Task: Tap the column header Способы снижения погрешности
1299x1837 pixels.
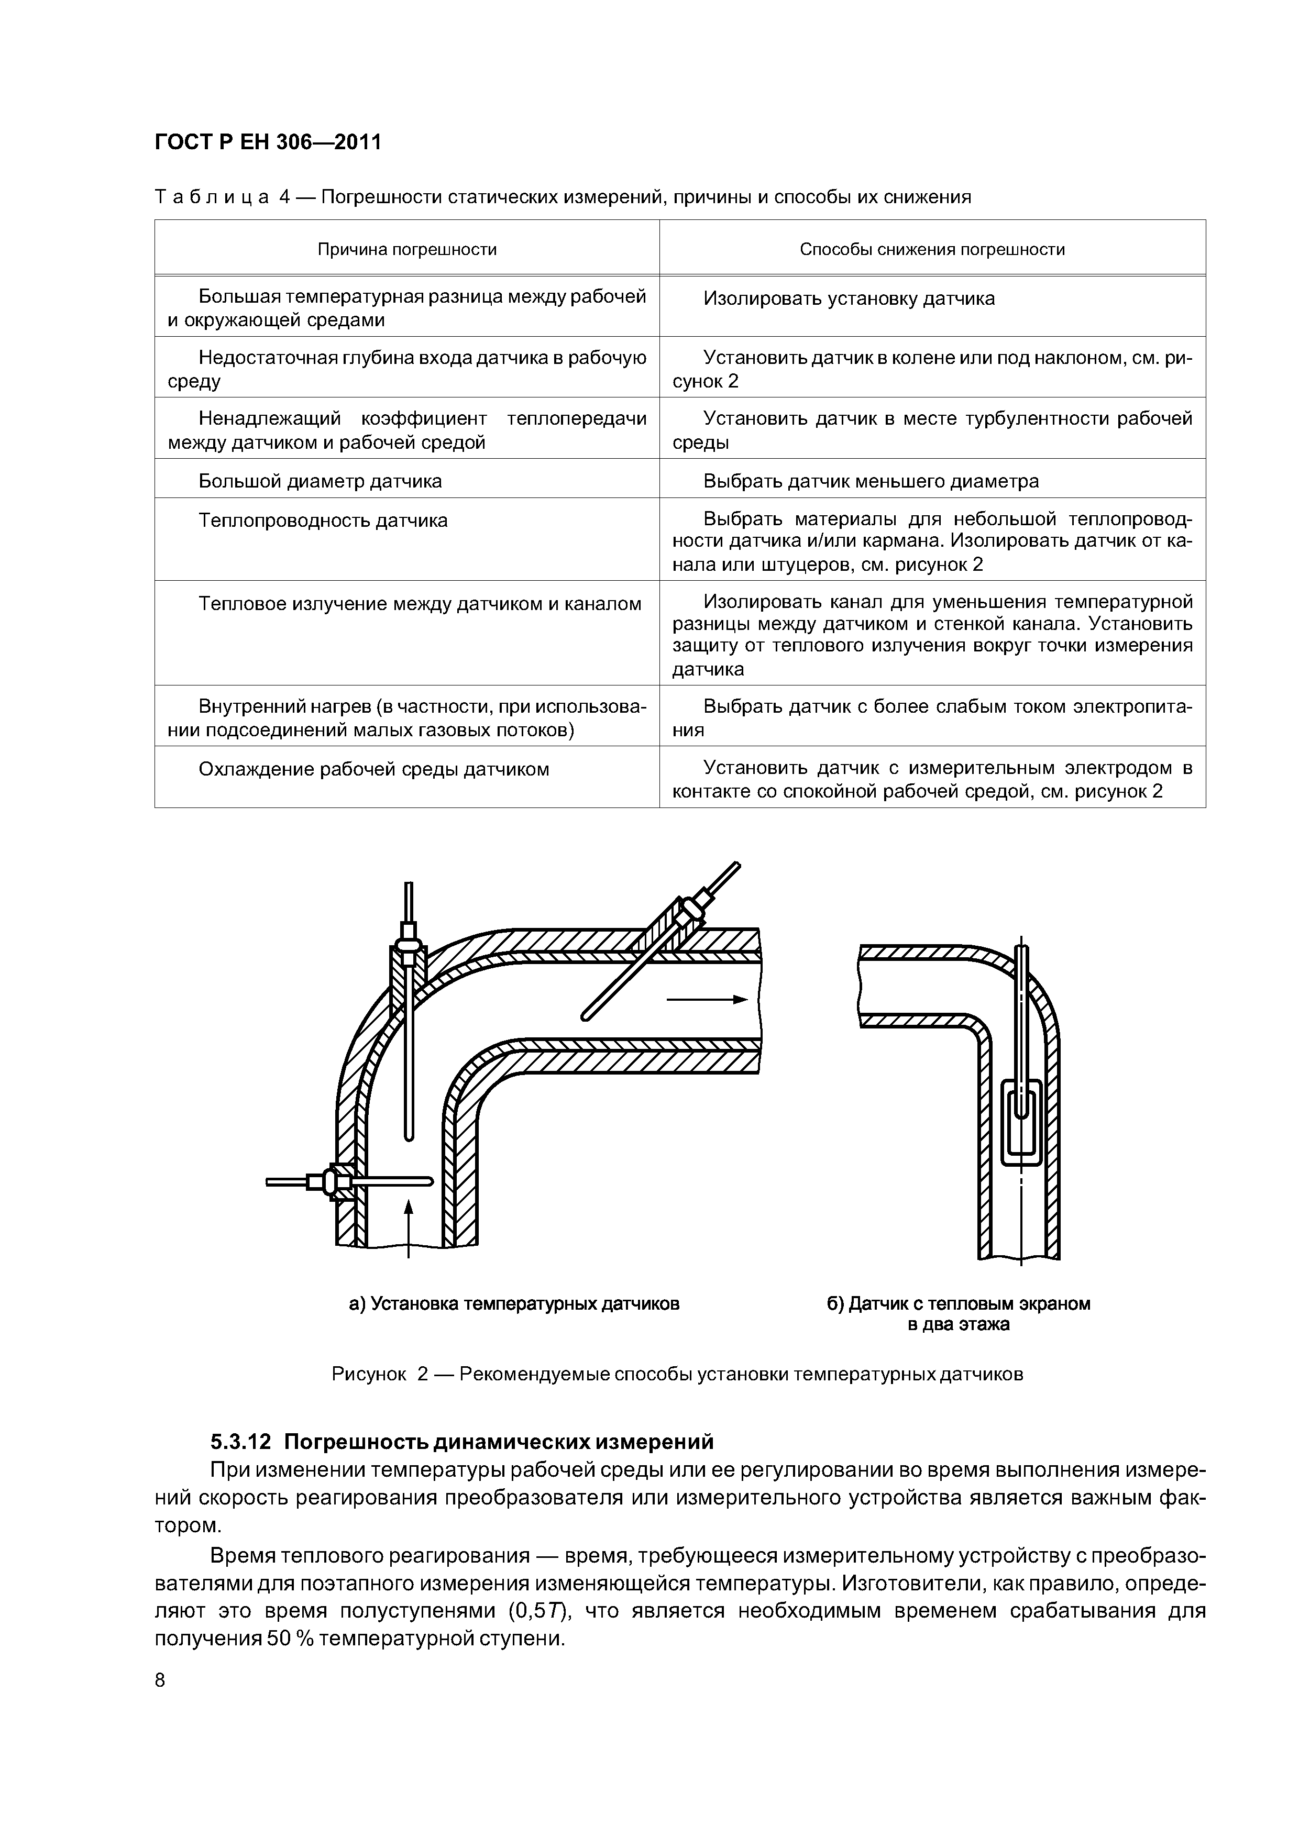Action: coord(932,250)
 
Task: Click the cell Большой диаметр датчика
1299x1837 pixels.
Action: coord(320,481)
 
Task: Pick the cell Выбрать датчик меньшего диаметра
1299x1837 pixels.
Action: coord(871,481)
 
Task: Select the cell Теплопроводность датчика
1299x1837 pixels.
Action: coord(323,521)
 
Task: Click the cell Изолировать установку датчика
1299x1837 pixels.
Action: coord(849,298)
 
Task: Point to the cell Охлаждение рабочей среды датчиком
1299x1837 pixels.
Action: coord(374,770)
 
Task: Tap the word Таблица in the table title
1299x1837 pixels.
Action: coord(211,197)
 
